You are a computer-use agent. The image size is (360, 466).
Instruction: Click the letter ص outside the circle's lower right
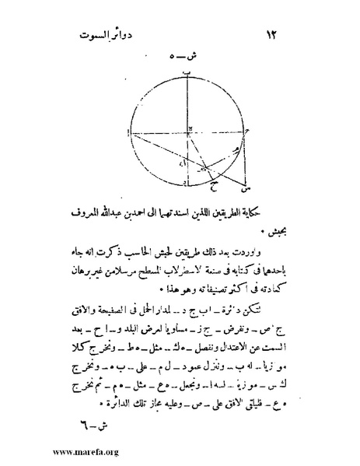[246, 188]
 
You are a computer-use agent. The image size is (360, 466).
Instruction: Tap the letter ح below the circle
[214, 186]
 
